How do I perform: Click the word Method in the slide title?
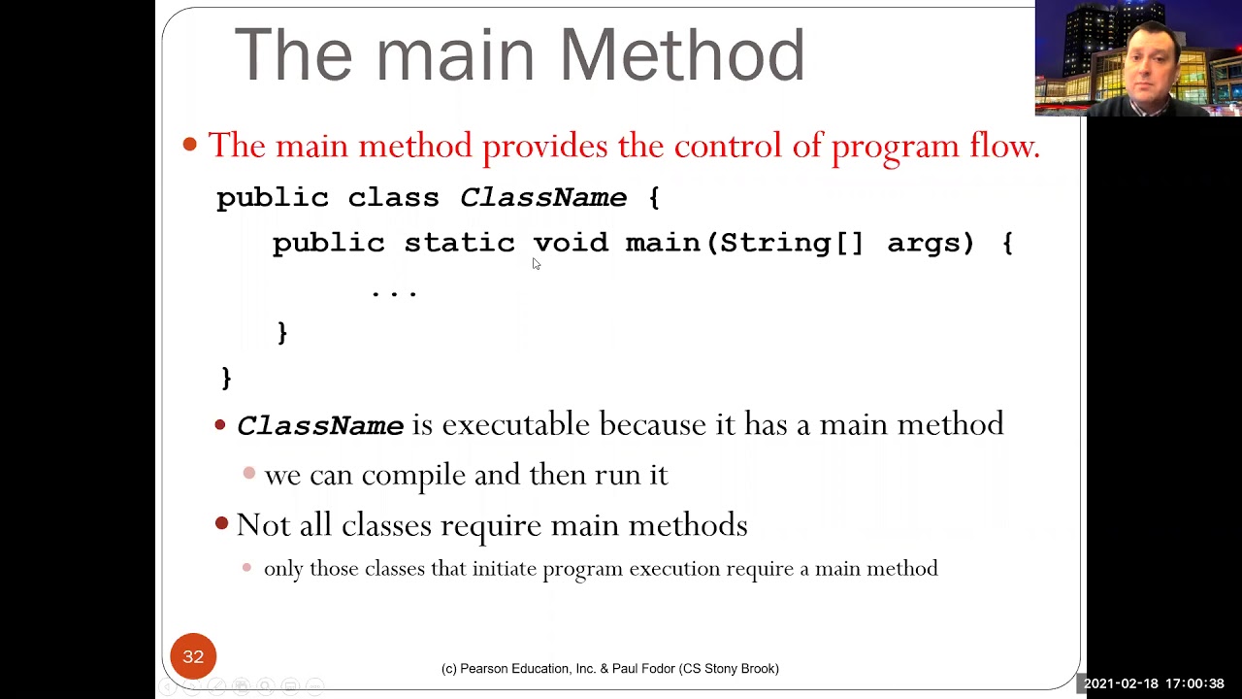pos(682,55)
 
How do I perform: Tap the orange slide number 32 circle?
pos(193,656)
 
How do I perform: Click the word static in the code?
pos(459,243)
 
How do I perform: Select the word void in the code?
pos(571,243)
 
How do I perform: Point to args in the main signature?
pos(930,243)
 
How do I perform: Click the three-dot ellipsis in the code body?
pos(394,290)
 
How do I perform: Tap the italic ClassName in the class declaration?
pos(542,198)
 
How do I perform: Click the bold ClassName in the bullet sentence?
pos(320,426)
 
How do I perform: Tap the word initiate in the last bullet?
pos(504,569)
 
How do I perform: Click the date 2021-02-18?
pos(1121,683)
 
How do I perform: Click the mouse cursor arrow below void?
pos(536,263)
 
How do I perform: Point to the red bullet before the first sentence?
pos(190,146)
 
